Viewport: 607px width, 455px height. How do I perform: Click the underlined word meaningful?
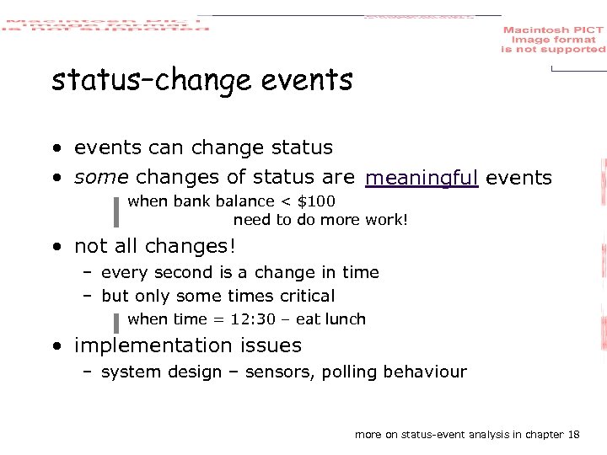[422, 178]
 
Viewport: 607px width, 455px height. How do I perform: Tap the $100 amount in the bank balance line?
[316, 201]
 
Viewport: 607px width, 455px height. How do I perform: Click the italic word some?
[101, 178]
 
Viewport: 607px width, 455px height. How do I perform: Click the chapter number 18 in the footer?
[574, 435]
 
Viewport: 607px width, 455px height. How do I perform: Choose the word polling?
[352, 372]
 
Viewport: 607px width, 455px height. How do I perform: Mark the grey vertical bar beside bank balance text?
[115, 211]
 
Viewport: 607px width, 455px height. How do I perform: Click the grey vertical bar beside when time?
[115, 322]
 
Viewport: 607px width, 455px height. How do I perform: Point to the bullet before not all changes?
[55, 248]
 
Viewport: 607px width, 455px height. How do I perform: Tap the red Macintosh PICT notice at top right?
[553, 40]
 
